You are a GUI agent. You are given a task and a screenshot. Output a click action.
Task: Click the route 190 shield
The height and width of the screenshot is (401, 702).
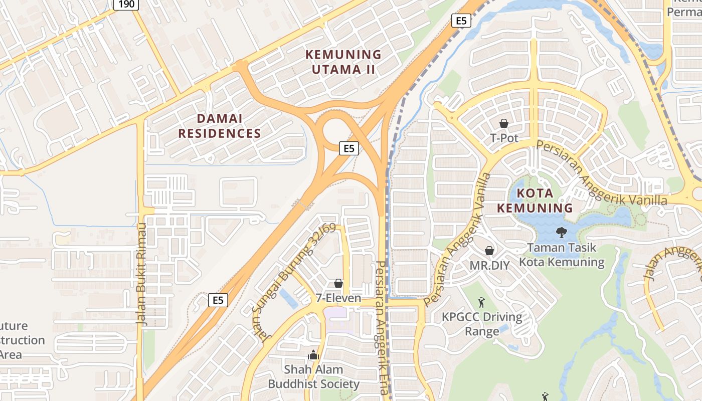126,5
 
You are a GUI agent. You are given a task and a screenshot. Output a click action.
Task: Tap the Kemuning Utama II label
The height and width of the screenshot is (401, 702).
343,62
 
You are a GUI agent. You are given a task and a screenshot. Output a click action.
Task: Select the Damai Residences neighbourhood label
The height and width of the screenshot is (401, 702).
220,126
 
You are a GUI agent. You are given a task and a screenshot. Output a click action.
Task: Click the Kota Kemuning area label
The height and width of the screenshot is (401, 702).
535,200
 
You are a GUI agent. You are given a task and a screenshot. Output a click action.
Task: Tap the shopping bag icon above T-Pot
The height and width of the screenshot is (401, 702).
504,123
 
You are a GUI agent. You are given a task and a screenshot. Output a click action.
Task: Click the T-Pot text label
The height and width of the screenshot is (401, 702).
504,138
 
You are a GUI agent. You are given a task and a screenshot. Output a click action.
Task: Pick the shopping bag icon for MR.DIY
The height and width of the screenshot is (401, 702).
489,251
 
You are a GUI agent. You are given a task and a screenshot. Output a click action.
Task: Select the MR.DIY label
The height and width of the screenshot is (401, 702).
489,265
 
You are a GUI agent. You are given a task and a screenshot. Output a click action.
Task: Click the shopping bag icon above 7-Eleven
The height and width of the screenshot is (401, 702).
338,284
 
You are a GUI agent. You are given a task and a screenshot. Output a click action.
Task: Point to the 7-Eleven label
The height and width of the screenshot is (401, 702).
338,298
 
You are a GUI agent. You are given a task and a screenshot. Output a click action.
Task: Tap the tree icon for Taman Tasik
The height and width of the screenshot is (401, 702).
561,233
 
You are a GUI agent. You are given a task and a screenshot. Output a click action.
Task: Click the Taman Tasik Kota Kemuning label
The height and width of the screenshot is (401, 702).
562,255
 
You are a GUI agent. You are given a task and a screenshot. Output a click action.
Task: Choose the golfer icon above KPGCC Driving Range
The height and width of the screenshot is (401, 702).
481,302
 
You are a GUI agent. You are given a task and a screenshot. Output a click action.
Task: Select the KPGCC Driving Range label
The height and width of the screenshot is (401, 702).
482,324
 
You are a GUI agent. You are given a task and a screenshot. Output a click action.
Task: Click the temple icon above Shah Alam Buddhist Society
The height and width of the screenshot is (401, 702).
314,355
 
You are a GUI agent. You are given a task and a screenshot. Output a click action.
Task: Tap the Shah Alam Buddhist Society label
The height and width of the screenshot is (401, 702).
314,377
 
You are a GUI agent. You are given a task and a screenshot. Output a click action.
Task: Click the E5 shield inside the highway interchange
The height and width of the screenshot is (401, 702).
349,148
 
